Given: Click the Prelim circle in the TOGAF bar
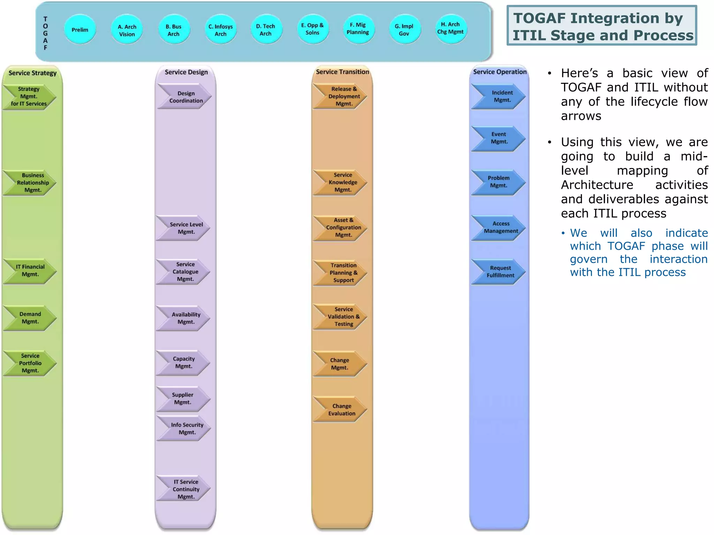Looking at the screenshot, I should (80, 30).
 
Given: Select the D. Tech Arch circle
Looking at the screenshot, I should (266, 30).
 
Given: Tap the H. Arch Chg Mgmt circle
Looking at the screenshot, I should (450, 29).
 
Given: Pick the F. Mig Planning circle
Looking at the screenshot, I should (358, 29).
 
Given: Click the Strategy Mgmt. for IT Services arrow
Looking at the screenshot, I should (29, 96).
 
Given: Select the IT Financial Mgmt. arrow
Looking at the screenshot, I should (30, 271).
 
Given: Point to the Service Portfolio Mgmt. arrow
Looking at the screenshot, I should (30, 363).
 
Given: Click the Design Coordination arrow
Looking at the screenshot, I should (185, 97).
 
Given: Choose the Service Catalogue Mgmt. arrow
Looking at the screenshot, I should (185, 272).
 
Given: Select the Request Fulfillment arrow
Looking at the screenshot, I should (500, 272).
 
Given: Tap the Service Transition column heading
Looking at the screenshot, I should (342, 72).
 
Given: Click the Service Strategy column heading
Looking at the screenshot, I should (32, 73).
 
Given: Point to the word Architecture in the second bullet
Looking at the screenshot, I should (597, 185).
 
